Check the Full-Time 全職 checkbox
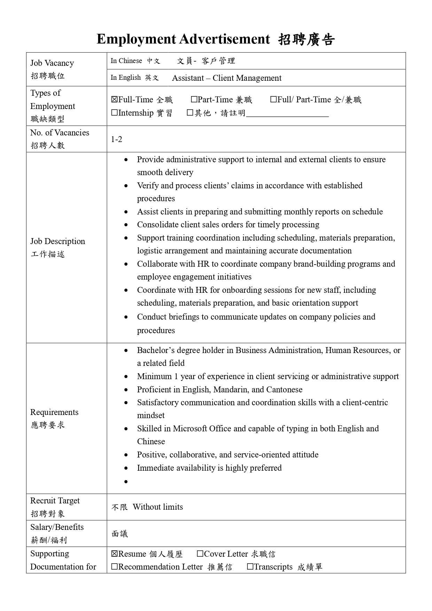[x=115, y=100]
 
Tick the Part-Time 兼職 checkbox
[x=194, y=100]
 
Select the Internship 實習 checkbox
[x=115, y=113]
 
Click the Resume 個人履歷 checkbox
[x=115, y=554]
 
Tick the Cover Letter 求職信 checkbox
[x=200, y=554]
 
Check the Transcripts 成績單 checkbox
[x=250, y=567]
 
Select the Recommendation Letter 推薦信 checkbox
[x=115, y=567]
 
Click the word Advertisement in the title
[x=225, y=39]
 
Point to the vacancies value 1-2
[x=117, y=139]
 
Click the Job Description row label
[x=57, y=241]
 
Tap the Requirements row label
[x=54, y=412]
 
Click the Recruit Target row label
[x=55, y=501]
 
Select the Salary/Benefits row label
[x=57, y=527]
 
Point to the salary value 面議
[x=120, y=534]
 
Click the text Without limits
[x=158, y=507]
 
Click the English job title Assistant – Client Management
[x=227, y=78]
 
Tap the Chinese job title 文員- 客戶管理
[x=206, y=61]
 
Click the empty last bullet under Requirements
[x=126, y=481]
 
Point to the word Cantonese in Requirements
[x=284, y=390]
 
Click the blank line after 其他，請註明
[x=287, y=113]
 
